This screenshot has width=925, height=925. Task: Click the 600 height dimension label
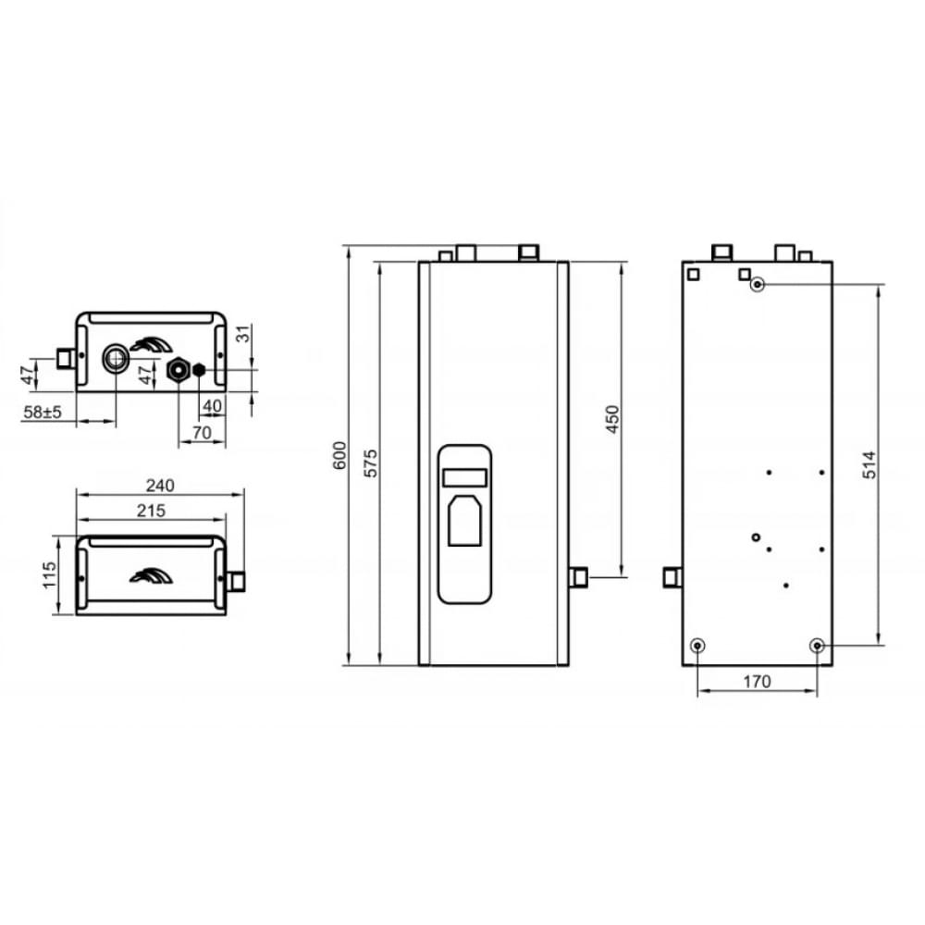340,455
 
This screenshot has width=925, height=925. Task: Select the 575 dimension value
370,463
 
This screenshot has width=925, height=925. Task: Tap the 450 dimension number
613,419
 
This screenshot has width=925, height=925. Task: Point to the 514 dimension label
869,465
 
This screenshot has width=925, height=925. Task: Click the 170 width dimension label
757,682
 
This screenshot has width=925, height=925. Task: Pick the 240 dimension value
160,486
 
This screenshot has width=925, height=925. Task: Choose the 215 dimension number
151,511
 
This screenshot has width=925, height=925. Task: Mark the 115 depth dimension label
50,574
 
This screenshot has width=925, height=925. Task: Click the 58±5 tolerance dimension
43,412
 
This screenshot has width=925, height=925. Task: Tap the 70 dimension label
202,432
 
